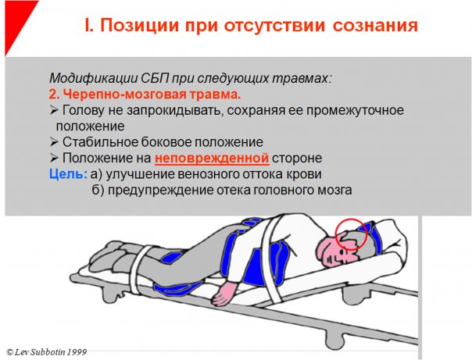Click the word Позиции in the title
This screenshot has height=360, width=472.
point(141,25)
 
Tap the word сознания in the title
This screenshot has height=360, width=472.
point(375,26)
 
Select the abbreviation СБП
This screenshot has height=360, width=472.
point(155,79)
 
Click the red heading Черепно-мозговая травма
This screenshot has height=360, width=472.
point(145,94)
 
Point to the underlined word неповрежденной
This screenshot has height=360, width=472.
point(212,158)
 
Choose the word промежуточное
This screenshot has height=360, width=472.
point(355,111)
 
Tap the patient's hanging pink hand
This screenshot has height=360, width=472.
point(224,294)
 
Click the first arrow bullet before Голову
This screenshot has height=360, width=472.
point(54,111)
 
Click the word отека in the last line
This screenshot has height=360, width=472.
point(234,191)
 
